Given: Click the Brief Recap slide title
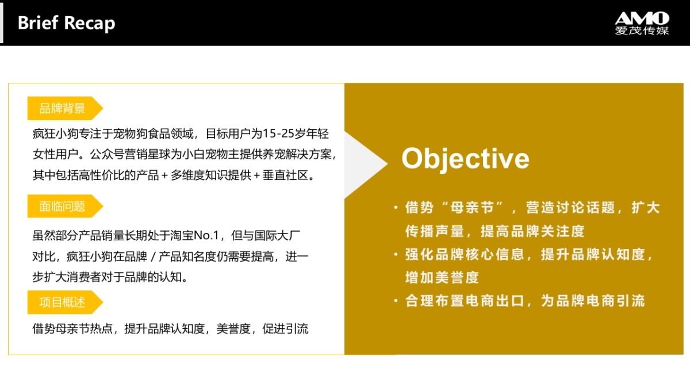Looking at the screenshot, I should click(66, 23).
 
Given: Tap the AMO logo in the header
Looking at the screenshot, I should click(642, 17).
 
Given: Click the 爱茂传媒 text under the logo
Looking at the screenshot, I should click(642, 31).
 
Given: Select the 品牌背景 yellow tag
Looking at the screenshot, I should click(63, 108).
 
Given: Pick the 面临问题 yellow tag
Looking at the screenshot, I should click(63, 206).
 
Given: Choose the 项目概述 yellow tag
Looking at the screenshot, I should click(63, 302).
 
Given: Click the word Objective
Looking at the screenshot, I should click(465, 158).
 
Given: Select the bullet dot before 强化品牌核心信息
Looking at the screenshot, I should click(396, 254).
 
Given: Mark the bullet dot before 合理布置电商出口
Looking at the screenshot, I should click(396, 300).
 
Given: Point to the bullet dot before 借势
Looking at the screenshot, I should click(396, 208).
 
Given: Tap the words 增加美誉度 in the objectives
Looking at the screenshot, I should click(442, 278).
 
